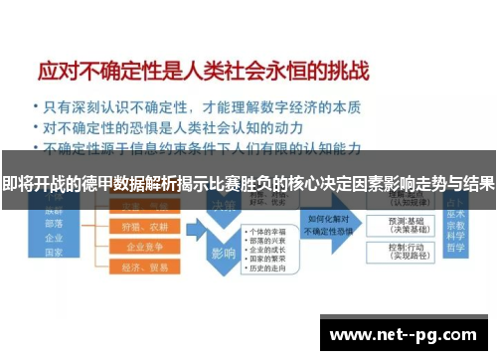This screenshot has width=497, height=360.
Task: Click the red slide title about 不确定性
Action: pyautogui.click(x=203, y=71)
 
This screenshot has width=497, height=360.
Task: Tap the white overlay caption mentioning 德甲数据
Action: pyautogui.click(x=248, y=185)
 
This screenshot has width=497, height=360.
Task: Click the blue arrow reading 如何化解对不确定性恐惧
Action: pyautogui.click(x=329, y=224)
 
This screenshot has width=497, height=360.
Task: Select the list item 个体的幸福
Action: pyautogui.click(x=268, y=232)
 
